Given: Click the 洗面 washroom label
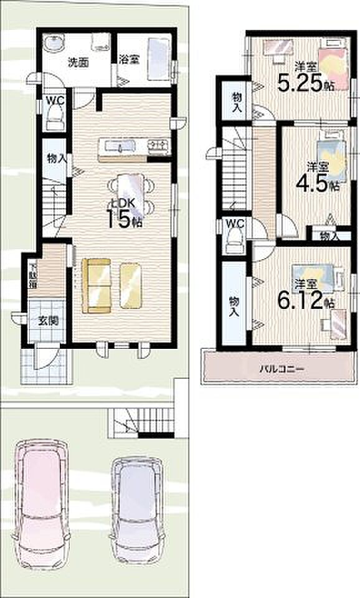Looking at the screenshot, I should [x=77, y=62].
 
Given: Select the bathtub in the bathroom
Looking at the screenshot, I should [x=158, y=57].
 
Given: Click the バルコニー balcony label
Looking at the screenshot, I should [x=281, y=369].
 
